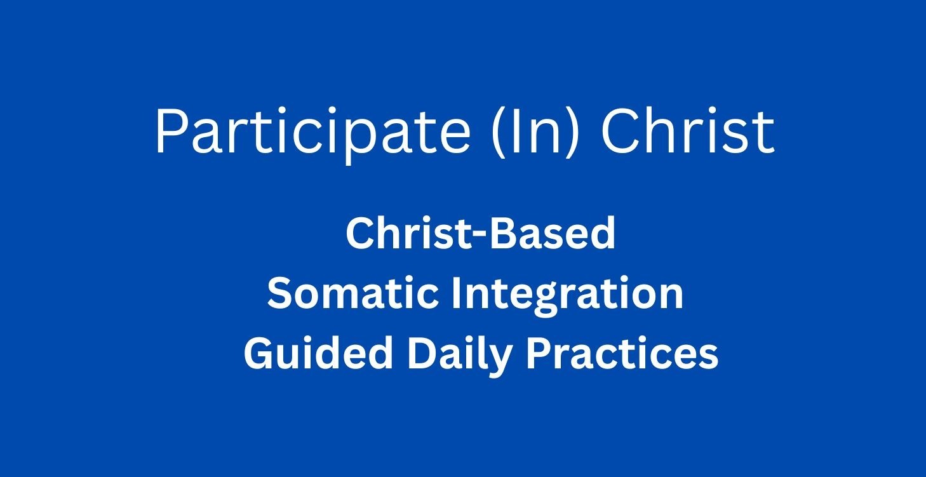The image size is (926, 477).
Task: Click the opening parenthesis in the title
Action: tap(499, 132)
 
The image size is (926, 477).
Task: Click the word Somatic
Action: tap(352, 293)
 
